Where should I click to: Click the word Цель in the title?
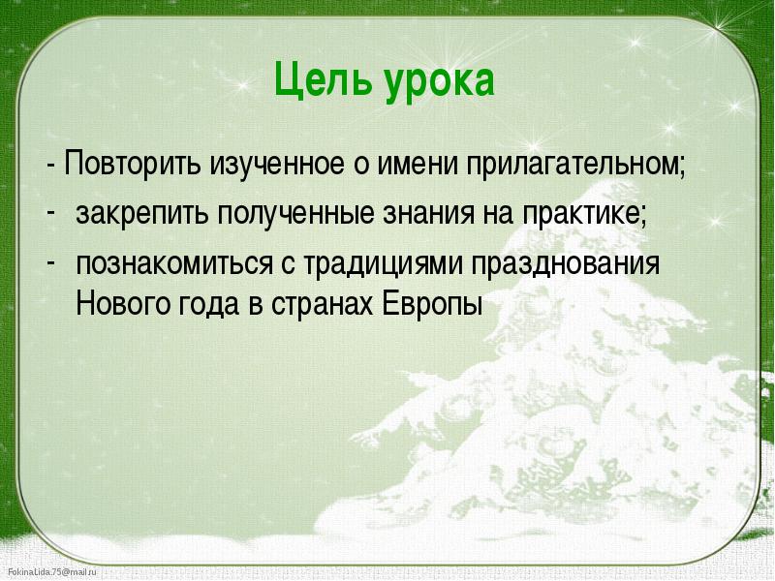point(323,81)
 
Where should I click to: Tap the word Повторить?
point(133,162)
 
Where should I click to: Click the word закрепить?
point(142,214)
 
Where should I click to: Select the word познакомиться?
point(174,263)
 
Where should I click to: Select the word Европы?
point(432,304)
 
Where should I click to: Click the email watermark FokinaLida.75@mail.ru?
point(52,572)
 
